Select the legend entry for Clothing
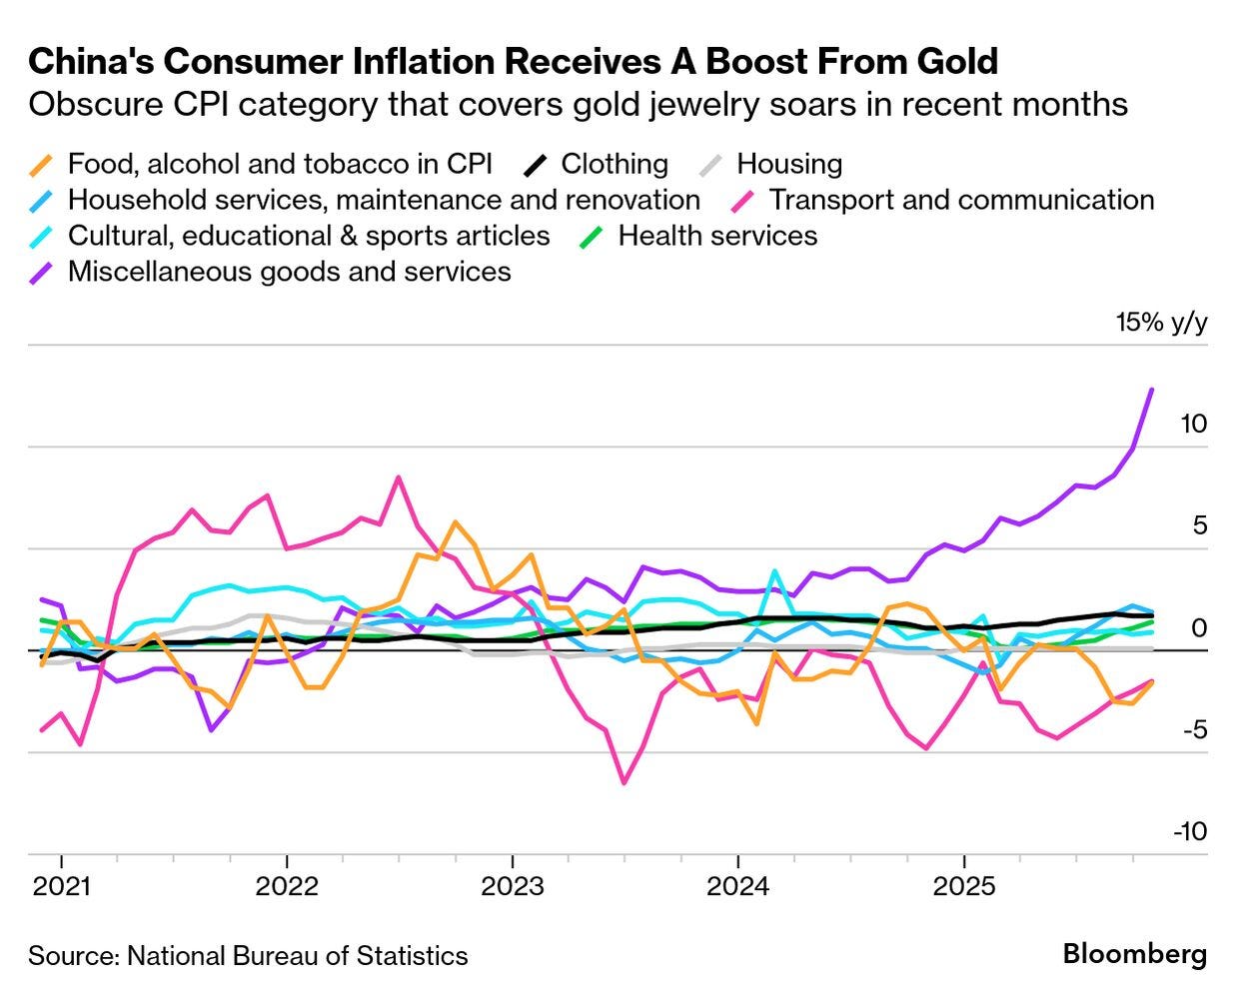point(614,164)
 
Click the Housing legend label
point(788,164)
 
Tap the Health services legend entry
point(716,236)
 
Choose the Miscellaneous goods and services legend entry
point(289,272)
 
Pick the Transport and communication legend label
point(960,200)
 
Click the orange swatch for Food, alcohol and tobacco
point(42,165)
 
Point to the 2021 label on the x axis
point(61,886)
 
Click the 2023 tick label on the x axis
point(513,886)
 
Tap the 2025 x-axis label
point(963,886)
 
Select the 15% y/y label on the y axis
point(1161,323)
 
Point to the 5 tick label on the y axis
point(1199,525)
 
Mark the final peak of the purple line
point(1152,390)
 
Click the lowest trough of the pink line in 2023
point(624,782)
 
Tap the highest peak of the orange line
point(456,521)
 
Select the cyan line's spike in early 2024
point(774,571)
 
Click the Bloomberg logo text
point(1134,954)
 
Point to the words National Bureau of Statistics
point(297,956)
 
